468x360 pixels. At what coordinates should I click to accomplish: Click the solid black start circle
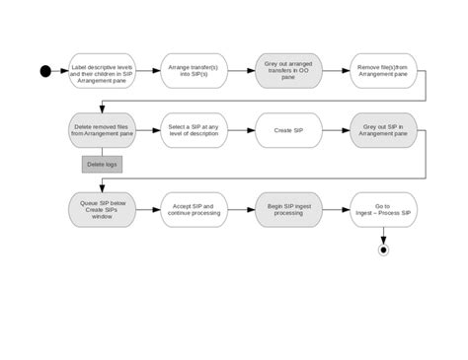[x=45, y=71]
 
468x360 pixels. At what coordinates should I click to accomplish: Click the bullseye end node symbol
[x=383, y=250]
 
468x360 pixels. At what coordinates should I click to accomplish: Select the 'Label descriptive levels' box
[x=102, y=71]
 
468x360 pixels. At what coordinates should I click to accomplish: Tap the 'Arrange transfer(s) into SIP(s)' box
[x=194, y=71]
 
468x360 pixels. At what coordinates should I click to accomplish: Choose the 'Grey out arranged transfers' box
[x=288, y=71]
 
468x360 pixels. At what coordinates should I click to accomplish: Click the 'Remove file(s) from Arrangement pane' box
[x=383, y=71]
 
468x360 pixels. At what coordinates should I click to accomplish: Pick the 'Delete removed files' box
[x=102, y=130]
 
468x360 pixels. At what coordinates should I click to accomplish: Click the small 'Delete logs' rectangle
[x=102, y=164]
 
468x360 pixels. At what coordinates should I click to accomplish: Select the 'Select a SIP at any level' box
[x=194, y=130]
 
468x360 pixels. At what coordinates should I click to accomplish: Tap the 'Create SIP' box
[x=288, y=130]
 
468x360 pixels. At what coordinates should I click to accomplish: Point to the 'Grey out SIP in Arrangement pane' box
[x=383, y=130]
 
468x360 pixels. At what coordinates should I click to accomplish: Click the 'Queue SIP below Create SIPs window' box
[x=102, y=209]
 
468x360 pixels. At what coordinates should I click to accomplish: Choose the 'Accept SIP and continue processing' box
[x=194, y=209]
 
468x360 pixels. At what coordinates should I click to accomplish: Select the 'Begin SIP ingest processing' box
[x=288, y=209]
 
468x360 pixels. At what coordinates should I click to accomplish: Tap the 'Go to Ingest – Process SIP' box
[x=383, y=209]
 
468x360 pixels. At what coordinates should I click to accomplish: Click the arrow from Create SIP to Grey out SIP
[x=336, y=130]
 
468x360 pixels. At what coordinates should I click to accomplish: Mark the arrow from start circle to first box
[x=59, y=71]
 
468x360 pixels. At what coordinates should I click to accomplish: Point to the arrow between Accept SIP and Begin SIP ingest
[x=241, y=209]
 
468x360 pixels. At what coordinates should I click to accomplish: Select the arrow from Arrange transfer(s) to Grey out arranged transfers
[x=241, y=71]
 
